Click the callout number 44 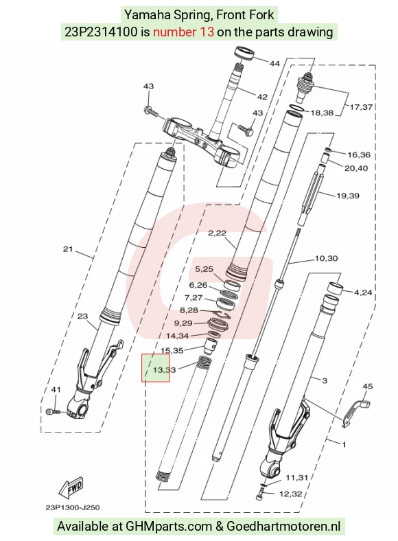point(274,63)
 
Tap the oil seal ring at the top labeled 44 point(244,54)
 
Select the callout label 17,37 point(361,107)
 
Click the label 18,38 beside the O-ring point(322,113)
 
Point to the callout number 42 point(262,97)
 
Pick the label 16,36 point(359,155)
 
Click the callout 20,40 point(356,168)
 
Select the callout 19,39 point(348,196)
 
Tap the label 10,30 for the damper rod point(326,258)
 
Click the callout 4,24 point(363,292)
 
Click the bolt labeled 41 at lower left point(53,411)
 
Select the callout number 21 point(68,249)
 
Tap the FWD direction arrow point(71,489)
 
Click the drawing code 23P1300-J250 point(73,507)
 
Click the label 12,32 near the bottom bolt point(291,494)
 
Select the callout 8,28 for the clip point(189,310)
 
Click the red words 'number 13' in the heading point(183,32)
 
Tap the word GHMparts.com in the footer point(169,527)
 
